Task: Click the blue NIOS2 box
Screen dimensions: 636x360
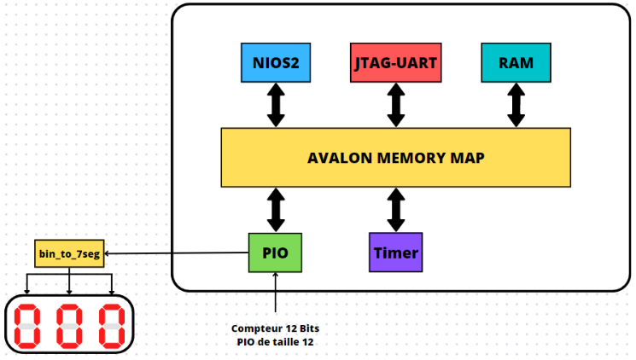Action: (x=276, y=63)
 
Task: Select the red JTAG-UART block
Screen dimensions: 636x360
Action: (x=396, y=63)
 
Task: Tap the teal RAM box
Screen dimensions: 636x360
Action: (x=516, y=63)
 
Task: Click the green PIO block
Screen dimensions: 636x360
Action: (x=275, y=253)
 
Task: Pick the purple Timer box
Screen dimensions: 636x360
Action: (x=396, y=253)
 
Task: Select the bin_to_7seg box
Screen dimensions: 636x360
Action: (x=69, y=253)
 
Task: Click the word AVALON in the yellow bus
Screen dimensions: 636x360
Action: (x=340, y=158)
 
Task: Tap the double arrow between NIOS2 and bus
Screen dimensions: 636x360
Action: (x=276, y=105)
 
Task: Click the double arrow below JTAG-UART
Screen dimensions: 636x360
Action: (x=396, y=105)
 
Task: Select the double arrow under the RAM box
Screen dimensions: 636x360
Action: (x=516, y=105)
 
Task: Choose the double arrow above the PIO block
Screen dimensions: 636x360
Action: (x=276, y=210)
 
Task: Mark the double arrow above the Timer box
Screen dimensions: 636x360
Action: (x=396, y=210)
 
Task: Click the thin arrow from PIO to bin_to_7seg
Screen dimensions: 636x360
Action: (x=177, y=253)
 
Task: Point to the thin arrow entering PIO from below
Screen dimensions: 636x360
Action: (x=276, y=293)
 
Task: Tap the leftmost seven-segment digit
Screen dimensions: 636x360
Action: (x=27, y=327)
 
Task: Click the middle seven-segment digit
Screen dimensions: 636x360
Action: (x=69, y=327)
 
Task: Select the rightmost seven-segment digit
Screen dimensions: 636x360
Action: (x=112, y=327)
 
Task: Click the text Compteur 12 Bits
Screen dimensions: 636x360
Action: (x=276, y=328)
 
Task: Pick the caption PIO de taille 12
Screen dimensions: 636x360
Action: (x=276, y=342)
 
